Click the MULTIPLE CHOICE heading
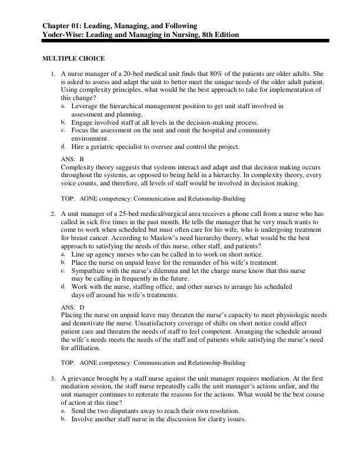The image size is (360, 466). (74, 59)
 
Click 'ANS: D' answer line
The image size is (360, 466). (72, 307)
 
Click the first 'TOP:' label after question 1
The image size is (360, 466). (69, 199)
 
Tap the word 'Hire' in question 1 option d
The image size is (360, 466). (78, 147)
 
